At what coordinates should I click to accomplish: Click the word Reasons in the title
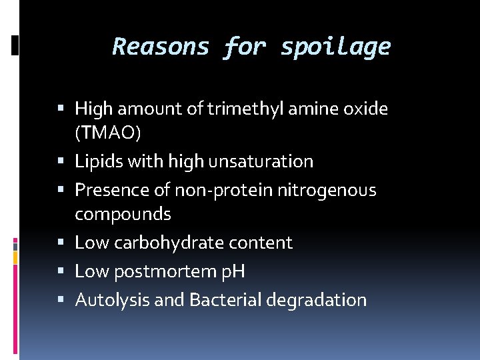coord(161,47)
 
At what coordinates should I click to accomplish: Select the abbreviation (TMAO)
coord(108,133)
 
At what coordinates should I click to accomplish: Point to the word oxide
coord(365,108)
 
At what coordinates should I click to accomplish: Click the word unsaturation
coord(261,162)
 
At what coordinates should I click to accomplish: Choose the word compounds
coord(123,215)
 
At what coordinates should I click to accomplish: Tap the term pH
coord(234,272)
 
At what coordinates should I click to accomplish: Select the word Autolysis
coord(113,301)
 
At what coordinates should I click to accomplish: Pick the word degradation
coord(316,301)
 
